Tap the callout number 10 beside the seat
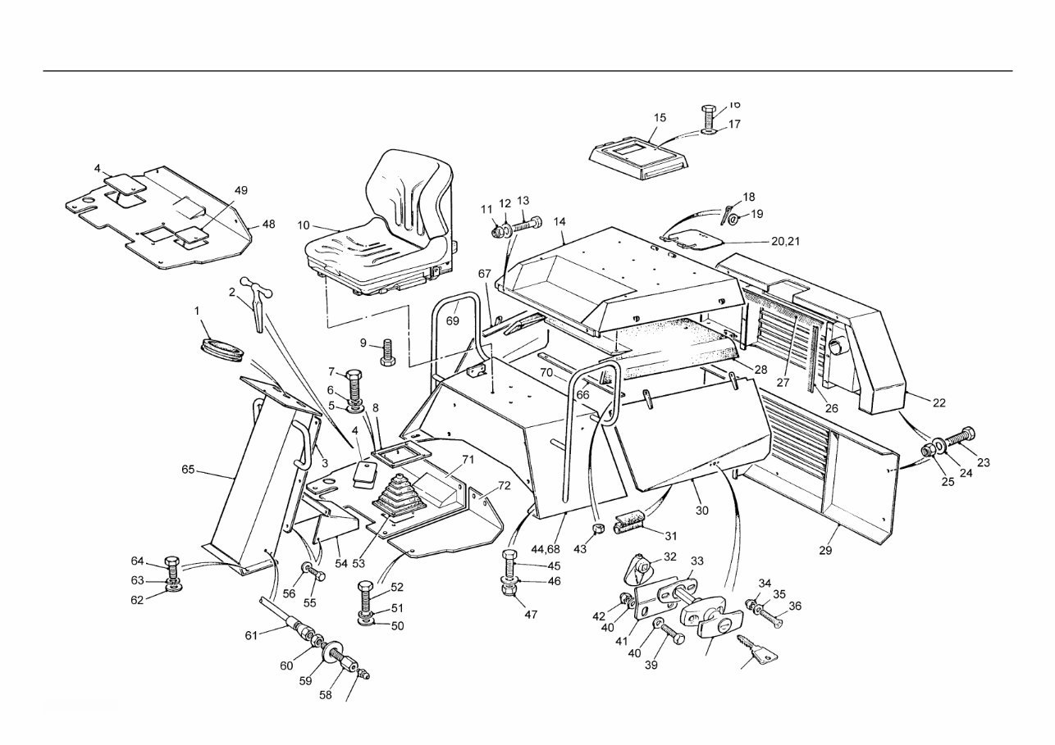[x=304, y=225]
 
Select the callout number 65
[x=189, y=470]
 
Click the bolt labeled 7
[x=354, y=383]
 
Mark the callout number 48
[x=268, y=224]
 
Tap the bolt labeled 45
[x=509, y=565]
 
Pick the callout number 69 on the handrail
[x=453, y=320]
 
